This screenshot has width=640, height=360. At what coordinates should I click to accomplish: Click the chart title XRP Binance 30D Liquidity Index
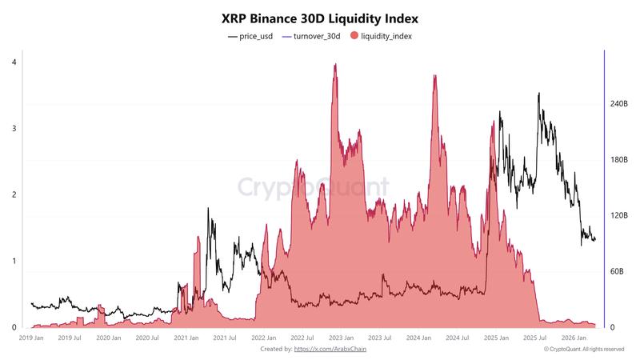(x=319, y=17)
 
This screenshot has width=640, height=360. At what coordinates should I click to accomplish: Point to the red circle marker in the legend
(x=354, y=37)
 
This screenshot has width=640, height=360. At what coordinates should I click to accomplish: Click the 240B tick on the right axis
(x=619, y=104)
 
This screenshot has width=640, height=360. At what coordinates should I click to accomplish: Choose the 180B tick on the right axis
(x=619, y=160)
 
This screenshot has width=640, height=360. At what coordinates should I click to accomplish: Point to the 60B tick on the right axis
(x=618, y=272)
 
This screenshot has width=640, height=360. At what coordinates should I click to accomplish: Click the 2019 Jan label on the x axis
(x=33, y=338)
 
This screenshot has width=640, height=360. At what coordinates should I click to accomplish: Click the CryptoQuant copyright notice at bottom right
(x=583, y=349)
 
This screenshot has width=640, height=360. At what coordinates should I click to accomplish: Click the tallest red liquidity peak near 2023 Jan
(x=334, y=65)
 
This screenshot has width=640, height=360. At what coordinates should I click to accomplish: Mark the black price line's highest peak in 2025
(x=538, y=94)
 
